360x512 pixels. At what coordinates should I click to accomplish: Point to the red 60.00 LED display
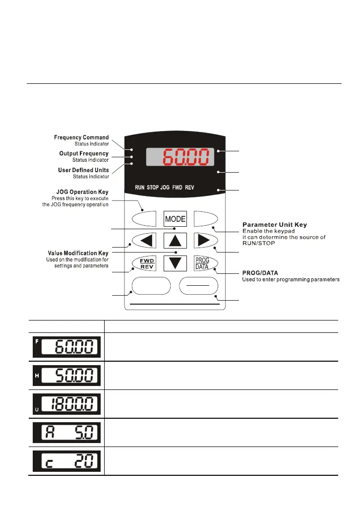click(180, 157)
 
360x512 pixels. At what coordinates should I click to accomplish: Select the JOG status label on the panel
click(165, 188)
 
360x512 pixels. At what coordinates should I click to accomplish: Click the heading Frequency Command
click(81, 137)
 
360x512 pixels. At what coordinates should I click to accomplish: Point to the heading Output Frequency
click(84, 154)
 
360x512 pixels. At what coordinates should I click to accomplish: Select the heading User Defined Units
click(84, 170)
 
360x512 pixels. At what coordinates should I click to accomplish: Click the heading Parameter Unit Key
click(274, 226)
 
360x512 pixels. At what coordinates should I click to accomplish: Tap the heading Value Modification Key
click(81, 254)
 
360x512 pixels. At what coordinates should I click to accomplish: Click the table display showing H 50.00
click(66, 376)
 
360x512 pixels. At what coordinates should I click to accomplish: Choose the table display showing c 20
click(66, 461)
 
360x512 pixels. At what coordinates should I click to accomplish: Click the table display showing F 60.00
click(66, 347)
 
